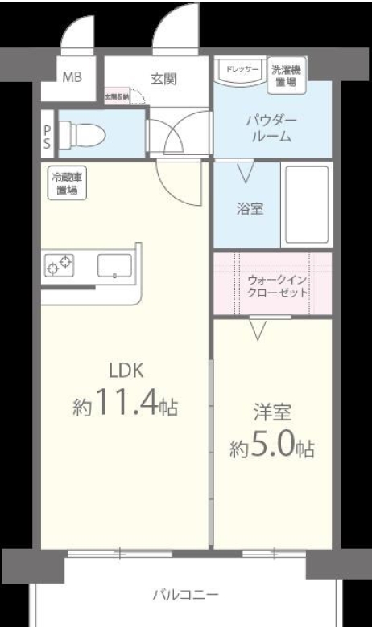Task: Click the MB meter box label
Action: [72, 79]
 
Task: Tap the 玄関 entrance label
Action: [163, 79]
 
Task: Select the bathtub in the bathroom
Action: [306, 205]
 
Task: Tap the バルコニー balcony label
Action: [185, 596]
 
